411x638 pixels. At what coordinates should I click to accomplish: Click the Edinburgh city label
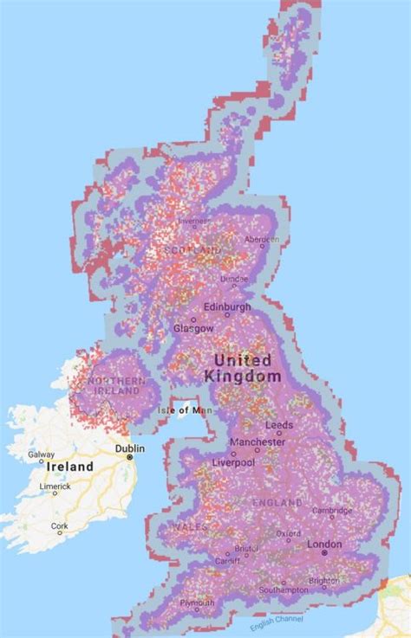[x=228, y=307]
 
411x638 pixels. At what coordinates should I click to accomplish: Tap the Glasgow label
[x=192, y=329]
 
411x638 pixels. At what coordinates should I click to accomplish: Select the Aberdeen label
[x=261, y=239]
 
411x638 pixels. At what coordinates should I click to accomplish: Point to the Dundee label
[x=233, y=279]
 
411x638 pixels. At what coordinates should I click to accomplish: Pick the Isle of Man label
[x=185, y=409]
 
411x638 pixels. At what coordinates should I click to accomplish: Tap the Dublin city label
[x=129, y=448]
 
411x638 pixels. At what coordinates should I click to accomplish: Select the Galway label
[x=41, y=454]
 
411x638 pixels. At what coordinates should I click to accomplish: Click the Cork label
[x=59, y=525]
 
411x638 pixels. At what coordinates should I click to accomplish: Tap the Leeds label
[x=279, y=425]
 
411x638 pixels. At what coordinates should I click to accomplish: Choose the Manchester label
[x=257, y=441]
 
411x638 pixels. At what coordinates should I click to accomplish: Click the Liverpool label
[x=233, y=463]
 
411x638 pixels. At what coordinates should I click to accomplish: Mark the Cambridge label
[x=332, y=511]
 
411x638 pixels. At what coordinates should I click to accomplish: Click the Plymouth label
[x=198, y=603]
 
